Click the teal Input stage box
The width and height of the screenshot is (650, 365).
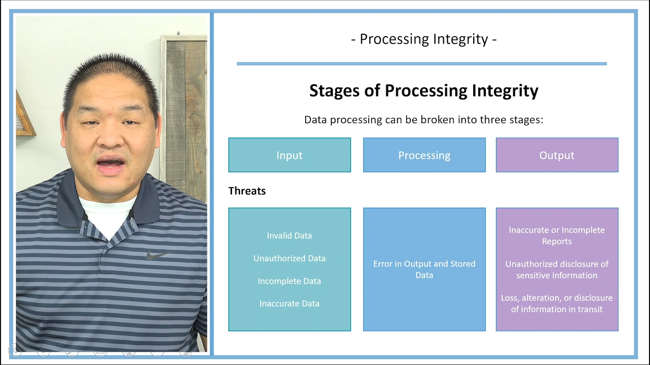click(289, 155)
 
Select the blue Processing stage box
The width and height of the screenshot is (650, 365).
click(424, 155)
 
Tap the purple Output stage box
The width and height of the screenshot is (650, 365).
click(557, 155)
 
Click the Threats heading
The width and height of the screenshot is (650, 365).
click(247, 191)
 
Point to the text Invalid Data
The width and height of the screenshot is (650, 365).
click(289, 236)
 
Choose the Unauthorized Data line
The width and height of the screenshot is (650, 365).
click(289, 258)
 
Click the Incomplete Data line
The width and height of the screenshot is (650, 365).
click(289, 281)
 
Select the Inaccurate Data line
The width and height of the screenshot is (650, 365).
click(289, 303)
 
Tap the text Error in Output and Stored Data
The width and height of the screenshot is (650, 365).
click(424, 269)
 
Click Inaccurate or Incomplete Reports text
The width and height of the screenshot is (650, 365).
click(557, 235)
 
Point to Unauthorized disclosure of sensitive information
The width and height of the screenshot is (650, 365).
click(557, 269)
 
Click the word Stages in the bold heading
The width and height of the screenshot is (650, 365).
click(334, 91)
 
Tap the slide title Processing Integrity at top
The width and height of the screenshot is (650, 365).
click(424, 39)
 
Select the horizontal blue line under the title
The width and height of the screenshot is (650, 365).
click(421, 64)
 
